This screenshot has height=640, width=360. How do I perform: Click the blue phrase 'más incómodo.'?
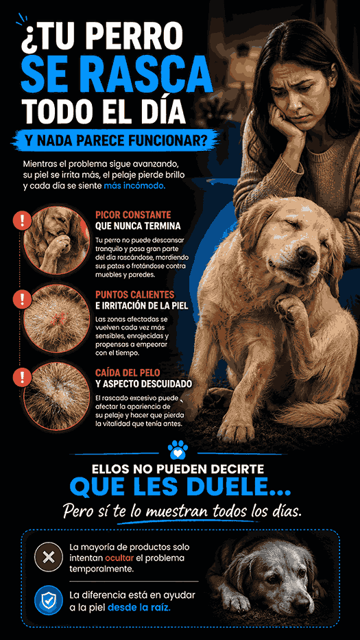click(134, 185)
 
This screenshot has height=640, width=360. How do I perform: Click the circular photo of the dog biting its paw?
click(56, 239)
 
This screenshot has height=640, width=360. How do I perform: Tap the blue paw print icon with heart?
click(178, 450)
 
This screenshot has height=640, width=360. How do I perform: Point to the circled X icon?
click(49, 557)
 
